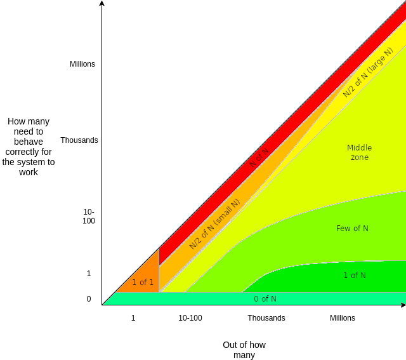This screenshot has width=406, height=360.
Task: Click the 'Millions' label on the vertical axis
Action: coord(82,64)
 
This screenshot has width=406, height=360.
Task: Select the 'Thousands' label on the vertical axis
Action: coord(79,140)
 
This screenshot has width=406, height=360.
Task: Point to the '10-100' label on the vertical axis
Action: coord(89,217)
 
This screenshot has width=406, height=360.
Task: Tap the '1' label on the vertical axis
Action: coord(89,274)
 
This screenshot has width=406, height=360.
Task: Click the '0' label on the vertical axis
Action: coord(89,299)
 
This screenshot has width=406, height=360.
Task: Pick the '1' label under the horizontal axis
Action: coord(133,318)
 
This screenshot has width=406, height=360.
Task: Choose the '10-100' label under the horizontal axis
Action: coord(190,318)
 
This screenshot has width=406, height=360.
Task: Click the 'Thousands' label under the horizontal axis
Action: coord(266,318)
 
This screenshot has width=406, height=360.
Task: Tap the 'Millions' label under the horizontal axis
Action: coord(343,318)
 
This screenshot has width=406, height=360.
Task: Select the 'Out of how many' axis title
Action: coord(244,350)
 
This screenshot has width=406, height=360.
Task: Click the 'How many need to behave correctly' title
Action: coord(29,147)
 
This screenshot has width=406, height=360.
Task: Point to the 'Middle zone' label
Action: coord(359,152)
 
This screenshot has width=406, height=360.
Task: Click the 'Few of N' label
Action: coord(352,229)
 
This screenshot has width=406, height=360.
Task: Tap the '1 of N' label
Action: coord(355,276)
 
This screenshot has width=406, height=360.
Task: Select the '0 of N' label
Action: coord(265,299)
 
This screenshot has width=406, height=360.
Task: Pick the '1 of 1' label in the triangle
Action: coord(143,282)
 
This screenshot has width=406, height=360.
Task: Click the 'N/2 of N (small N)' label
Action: coord(214,224)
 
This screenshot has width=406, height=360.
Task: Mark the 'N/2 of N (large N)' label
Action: coord(368,72)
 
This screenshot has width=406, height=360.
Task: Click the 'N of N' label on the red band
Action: coord(259,158)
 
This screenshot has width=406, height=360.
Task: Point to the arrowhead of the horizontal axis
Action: coord(403,305)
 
